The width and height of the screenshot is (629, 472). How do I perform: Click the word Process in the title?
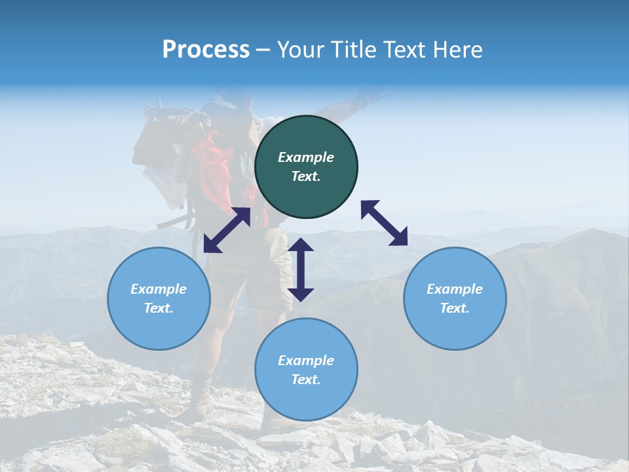pyautogui.click(x=206, y=50)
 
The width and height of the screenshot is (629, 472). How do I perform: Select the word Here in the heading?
pyautogui.click(x=459, y=50)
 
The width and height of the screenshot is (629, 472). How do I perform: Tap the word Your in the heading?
pyautogui.click(x=301, y=50)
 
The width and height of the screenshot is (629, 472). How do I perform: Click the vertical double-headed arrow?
pyautogui.click(x=301, y=269)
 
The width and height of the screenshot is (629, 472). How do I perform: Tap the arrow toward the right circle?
pyautogui.click(x=384, y=223)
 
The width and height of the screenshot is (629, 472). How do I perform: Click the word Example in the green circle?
pyautogui.click(x=306, y=157)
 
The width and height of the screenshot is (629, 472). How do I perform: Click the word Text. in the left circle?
pyautogui.click(x=159, y=308)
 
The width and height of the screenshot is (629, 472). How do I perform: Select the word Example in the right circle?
pyautogui.click(x=455, y=289)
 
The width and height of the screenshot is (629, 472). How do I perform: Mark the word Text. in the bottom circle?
pyautogui.click(x=306, y=380)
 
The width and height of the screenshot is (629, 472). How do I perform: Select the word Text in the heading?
pyautogui.click(x=407, y=50)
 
